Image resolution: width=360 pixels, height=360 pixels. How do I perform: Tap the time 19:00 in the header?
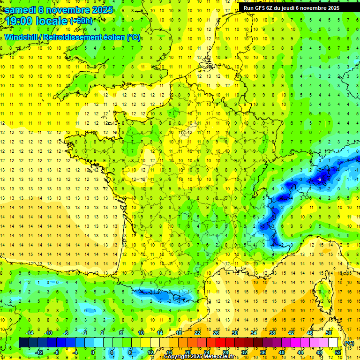point(19,21)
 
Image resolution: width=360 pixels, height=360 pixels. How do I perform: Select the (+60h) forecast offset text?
point(81,21)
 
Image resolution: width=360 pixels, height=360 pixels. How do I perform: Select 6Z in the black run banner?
point(274,8)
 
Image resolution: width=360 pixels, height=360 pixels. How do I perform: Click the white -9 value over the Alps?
point(319,179)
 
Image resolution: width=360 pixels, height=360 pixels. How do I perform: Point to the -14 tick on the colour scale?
point(30,333)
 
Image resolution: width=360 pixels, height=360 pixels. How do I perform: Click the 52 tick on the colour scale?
point(337,352)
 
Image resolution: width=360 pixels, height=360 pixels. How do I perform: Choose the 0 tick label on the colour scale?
point(93,352)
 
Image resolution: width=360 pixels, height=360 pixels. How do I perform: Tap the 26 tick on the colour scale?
point(216,333)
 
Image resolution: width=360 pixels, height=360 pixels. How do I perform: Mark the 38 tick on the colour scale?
point(272,333)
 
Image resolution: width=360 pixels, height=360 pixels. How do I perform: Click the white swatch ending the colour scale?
point(333,343)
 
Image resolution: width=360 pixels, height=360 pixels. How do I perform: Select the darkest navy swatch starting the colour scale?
point(23,343)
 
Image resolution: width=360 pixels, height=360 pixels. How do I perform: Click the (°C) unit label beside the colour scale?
point(349,343)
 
